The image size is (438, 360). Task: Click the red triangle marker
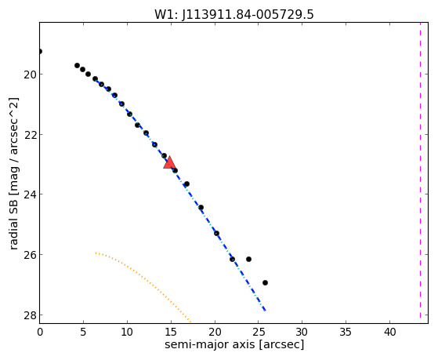click(169, 163)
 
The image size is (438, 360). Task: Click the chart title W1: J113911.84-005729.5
click(234, 15)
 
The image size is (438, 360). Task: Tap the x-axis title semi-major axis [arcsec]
click(234, 344)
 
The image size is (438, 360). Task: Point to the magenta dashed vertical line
click(420, 170)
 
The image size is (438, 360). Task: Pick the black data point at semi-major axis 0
click(40, 51)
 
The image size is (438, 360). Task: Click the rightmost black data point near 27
click(265, 283)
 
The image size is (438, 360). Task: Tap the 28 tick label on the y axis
click(30, 315)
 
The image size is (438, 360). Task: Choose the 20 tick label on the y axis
click(30, 75)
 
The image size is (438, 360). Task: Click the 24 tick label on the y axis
click(30, 195)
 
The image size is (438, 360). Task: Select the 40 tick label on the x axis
click(389, 332)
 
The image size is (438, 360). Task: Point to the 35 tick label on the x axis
click(346, 332)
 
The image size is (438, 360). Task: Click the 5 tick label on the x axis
click(83, 332)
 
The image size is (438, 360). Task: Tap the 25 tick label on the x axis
click(259, 332)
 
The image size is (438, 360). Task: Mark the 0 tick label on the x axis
click(40, 332)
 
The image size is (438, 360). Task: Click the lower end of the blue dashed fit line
click(265, 311)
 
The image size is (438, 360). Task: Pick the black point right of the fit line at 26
click(248, 260)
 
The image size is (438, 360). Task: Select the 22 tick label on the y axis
click(30, 135)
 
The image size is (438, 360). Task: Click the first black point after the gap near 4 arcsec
click(77, 65)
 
